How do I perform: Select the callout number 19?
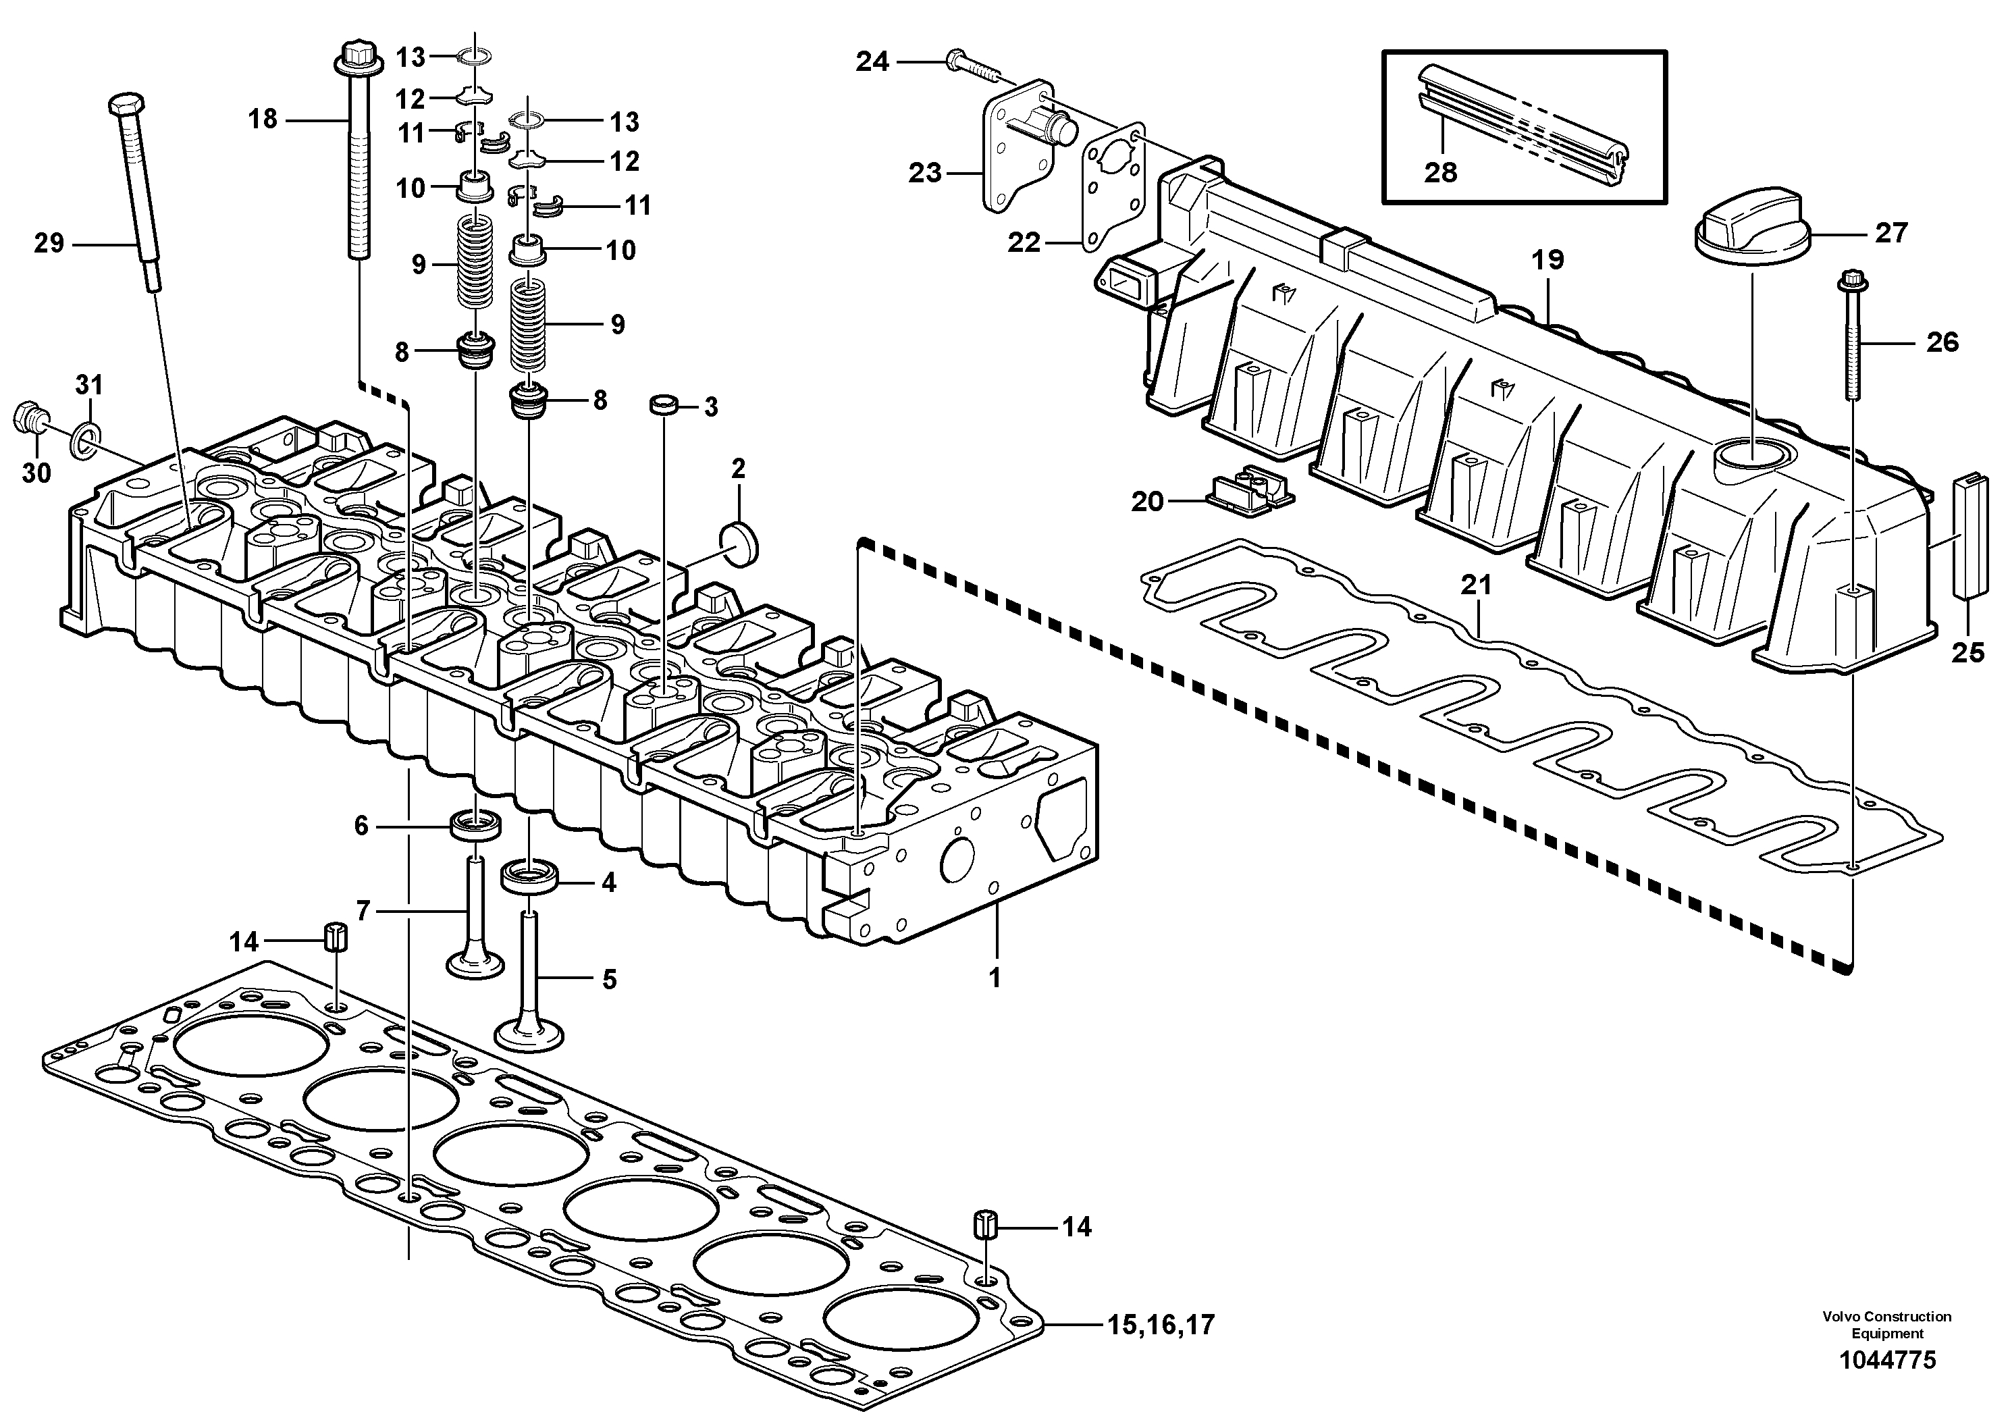pyautogui.click(x=1548, y=259)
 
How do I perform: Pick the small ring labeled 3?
pyautogui.click(x=664, y=405)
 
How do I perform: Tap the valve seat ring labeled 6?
pyautogui.click(x=476, y=824)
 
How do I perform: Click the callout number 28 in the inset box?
pyautogui.click(x=1440, y=172)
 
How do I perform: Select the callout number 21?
pyautogui.click(x=1476, y=585)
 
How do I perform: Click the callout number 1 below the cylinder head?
pyautogui.click(x=995, y=978)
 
